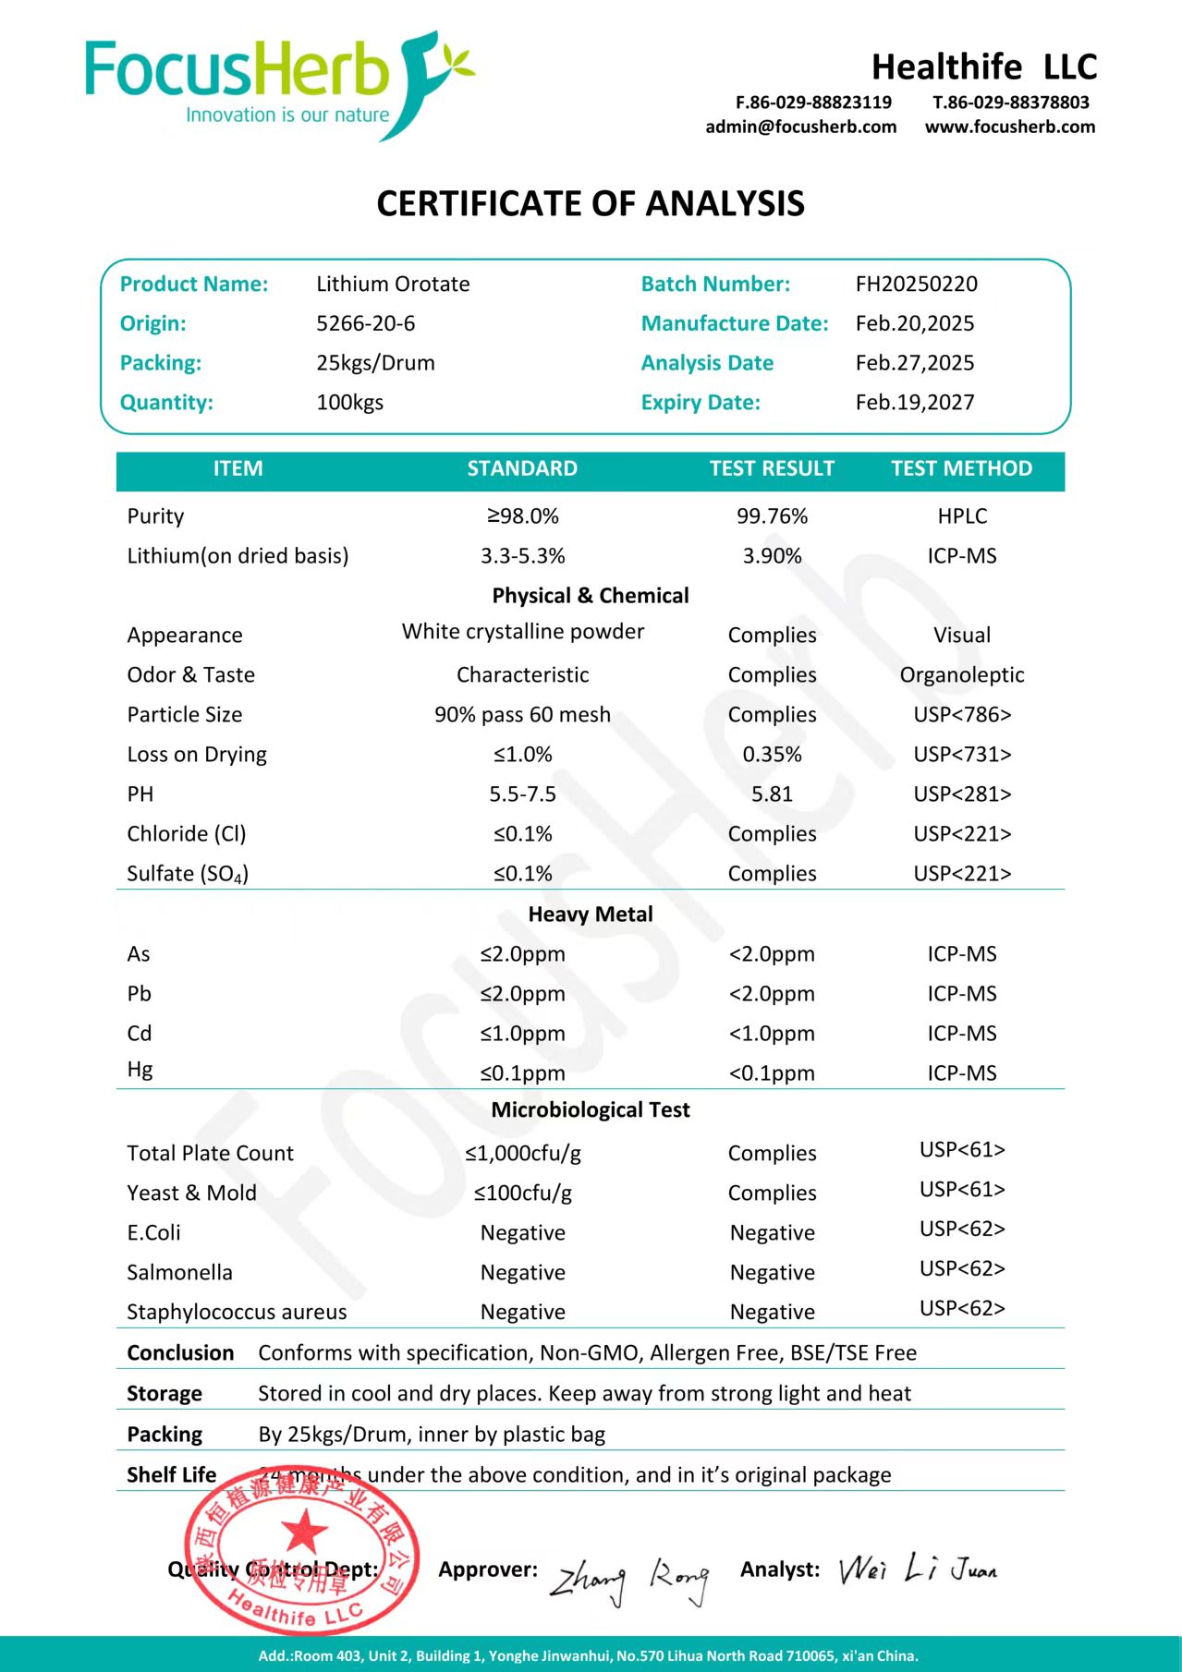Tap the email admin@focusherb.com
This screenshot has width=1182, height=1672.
click(x=800, y=127)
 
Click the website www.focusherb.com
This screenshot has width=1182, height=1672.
click(x=1009, y=127)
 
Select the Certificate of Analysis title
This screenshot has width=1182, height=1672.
click(x=591, y=203)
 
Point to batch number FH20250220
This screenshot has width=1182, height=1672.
click(x=916, y=284)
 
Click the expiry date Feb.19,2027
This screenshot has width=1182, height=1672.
click(x=914, y=402)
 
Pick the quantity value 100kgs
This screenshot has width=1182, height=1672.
click(x=349, y=402)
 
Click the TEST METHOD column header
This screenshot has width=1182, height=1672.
click(x=961, y=468)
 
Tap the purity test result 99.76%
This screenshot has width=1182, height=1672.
click(x=772, y=515)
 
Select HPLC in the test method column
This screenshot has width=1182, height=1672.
click(x=962, y=515)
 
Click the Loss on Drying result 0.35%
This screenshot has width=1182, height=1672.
click(x=772, y=754)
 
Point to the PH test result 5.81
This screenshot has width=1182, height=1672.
click(x=772, y=794)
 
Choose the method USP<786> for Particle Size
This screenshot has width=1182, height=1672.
click(x=962, y=714)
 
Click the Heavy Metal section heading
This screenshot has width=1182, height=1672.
click(x=591, y=914)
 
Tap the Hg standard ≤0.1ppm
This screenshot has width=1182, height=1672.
click(x=522, y=1072)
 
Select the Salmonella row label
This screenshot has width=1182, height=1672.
click(x=179, y=1272)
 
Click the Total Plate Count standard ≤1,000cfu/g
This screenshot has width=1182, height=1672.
click(x=522, y=1153)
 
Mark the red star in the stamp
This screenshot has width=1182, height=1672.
click(x=303, y=1531)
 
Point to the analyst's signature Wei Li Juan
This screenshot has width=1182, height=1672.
click(x=918, y=1569)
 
